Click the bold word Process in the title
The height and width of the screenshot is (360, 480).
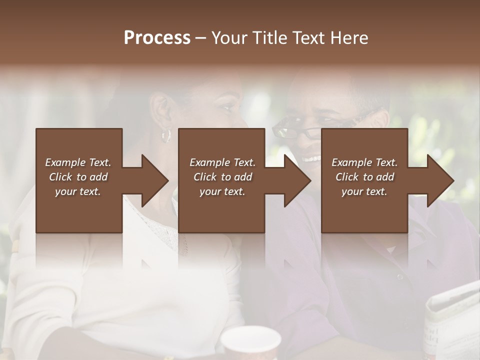point(157,38)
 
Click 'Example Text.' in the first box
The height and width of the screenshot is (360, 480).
point(78,162)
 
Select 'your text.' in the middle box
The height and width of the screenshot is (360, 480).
point(222,191)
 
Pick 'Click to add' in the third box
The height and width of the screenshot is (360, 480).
point(364,177)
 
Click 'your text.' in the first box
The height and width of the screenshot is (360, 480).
point(78,191)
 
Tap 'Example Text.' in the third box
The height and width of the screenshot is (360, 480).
point(364,162)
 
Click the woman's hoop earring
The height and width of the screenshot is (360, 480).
point(165,135)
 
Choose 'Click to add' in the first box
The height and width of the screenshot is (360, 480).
point(78,177)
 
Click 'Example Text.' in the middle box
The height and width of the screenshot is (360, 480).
point(222,162)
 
